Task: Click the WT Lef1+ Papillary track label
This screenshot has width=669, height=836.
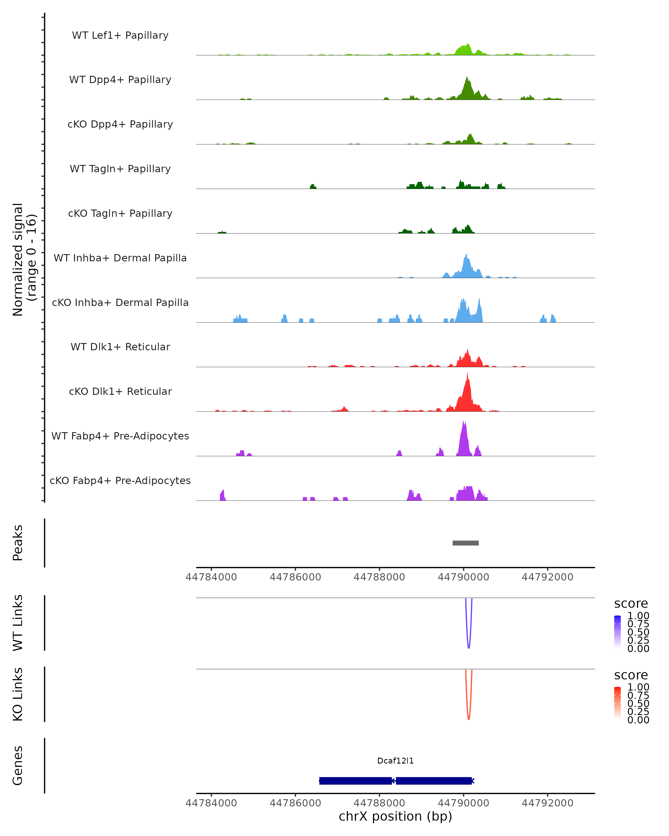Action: [120, 35]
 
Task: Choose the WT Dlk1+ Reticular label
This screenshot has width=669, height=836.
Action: [120, 347]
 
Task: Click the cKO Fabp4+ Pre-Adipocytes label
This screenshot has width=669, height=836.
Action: [120, 480]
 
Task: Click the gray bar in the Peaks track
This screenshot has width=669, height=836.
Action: [466, 543]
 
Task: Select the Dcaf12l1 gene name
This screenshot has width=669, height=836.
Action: [395, 761]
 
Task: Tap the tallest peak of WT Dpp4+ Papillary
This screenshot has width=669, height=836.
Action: [467, 77]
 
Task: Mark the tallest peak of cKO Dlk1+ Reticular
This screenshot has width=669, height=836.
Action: [467, 373]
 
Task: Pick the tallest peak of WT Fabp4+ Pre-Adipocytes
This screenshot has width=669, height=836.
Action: [464, 421]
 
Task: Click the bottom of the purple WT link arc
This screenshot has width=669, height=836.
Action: [469, 648]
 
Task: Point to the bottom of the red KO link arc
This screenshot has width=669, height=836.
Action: [469, 719]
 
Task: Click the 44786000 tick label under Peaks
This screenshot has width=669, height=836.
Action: [295, 577]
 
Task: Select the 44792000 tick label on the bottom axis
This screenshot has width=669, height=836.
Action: [547, 803]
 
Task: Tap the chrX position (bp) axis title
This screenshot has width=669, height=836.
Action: [395, 816]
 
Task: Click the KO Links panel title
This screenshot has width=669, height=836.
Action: [18, 694]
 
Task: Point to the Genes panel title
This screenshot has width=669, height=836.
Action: [18, 765]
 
